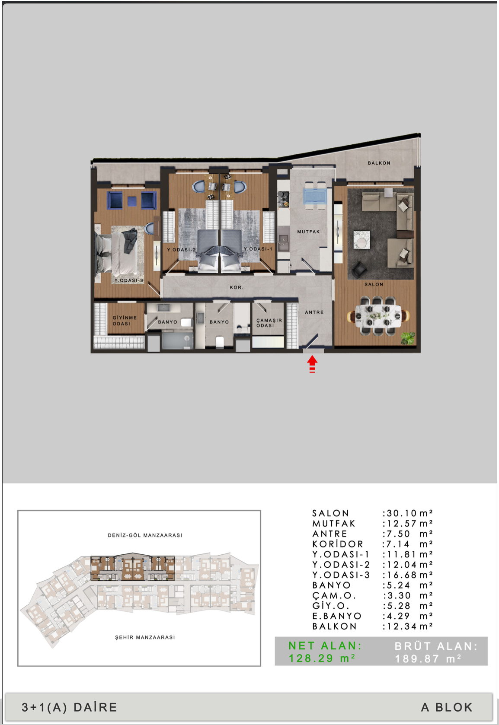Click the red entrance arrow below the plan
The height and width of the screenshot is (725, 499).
312,364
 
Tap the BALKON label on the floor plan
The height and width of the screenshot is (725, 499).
379,163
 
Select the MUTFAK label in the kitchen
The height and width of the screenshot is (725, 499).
308,232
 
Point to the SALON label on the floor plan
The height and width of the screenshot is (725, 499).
374,284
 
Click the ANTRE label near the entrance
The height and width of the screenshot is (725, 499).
314,312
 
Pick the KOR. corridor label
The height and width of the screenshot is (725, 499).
237,287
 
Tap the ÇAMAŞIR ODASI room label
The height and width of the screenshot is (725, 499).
269,323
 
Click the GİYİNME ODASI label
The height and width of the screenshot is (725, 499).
125,321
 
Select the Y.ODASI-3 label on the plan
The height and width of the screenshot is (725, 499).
128,280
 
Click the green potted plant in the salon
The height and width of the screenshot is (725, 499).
408,338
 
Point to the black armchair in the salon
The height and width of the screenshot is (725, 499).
358,269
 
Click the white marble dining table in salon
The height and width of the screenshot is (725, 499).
378,316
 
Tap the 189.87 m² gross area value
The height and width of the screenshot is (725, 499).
428,658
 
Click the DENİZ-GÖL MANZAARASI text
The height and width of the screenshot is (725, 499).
145,535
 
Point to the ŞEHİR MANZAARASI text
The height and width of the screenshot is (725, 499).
145,637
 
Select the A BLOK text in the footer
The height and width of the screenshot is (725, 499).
447,707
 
